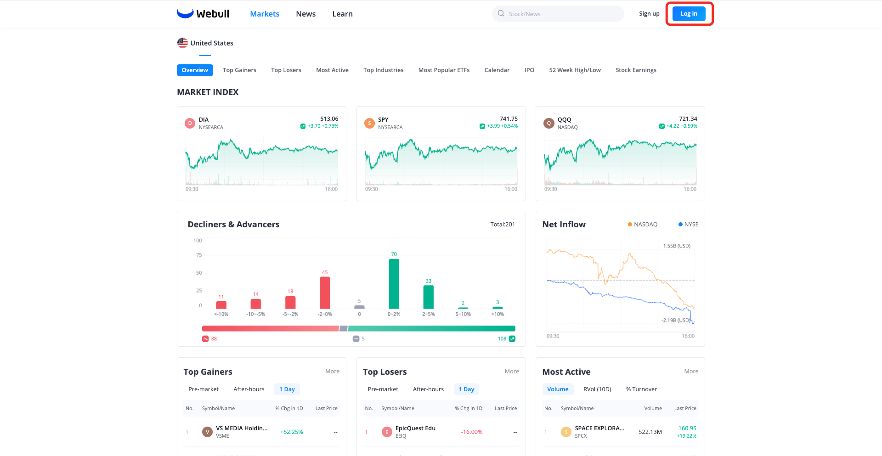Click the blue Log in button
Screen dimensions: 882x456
689,14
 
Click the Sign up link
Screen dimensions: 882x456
649,14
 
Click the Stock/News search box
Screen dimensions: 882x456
558,14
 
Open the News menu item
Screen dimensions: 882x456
305,14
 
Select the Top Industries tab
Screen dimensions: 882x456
383,70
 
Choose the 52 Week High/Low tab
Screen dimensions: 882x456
575,70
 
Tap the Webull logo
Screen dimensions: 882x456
203,14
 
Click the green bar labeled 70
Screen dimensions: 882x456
394,284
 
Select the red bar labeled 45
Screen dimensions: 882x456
325,293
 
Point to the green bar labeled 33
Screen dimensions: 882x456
428,297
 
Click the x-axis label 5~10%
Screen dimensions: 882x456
463,314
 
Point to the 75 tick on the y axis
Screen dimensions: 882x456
199,255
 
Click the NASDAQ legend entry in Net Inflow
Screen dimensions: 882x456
643,225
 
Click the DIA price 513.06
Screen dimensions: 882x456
329,119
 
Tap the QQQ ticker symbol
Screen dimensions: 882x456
564,119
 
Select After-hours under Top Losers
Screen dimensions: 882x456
428,389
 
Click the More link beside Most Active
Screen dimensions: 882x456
691,372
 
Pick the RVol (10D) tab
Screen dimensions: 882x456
597,389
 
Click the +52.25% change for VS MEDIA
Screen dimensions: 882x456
291,432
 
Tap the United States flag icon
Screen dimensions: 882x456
182,43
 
